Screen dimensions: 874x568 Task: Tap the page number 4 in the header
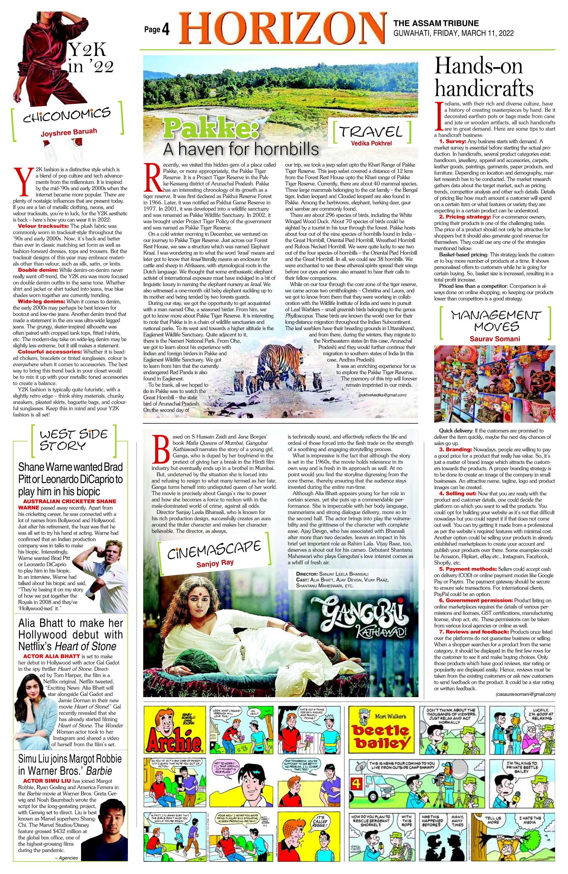click(165, 30)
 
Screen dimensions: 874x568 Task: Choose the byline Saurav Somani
click(495, 338)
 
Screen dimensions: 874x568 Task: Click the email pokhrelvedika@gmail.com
click(382, 395)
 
